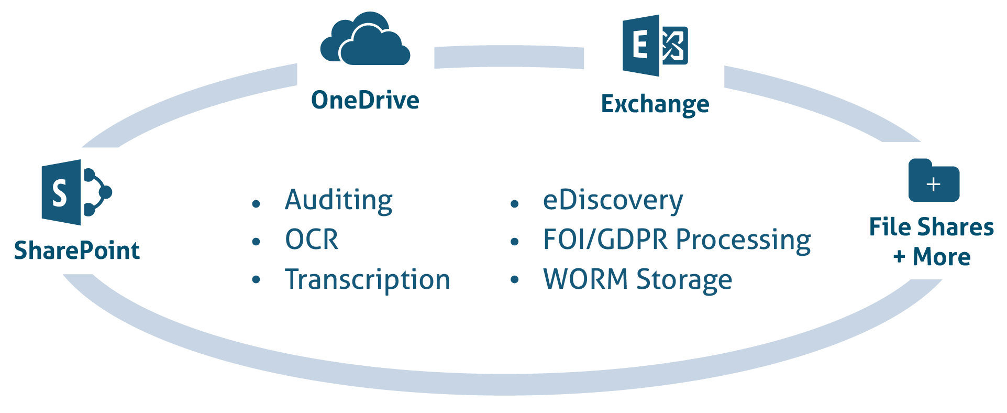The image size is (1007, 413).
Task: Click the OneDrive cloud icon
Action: tap(365, 40)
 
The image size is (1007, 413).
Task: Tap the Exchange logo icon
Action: tap(655, 46)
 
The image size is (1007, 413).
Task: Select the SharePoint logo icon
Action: tap(75, 192)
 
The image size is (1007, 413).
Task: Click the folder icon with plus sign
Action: tap(934, 181)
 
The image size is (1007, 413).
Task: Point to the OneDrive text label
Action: tap(365, 100)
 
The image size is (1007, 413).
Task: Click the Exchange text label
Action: tap(655, 104)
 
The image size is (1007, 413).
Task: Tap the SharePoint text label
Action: tap(77, 251)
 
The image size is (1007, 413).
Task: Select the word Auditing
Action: tap(339, 200)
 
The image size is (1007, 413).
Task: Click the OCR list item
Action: tap(312, 240)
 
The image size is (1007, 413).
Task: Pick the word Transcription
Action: tap(367, 279)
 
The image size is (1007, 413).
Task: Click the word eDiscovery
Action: tap(613, 200)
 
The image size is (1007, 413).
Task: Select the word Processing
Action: tap(744, 241)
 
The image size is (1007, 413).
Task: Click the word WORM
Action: tap(585, 279)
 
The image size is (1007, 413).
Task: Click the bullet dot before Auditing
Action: tap(256, 204)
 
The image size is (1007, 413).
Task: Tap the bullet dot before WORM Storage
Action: tap(514, 280)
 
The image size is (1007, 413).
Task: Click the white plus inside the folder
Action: tap(934, 184)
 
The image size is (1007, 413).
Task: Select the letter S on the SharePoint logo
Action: tap(60, 193)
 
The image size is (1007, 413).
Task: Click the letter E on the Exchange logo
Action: tap(640, 45)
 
